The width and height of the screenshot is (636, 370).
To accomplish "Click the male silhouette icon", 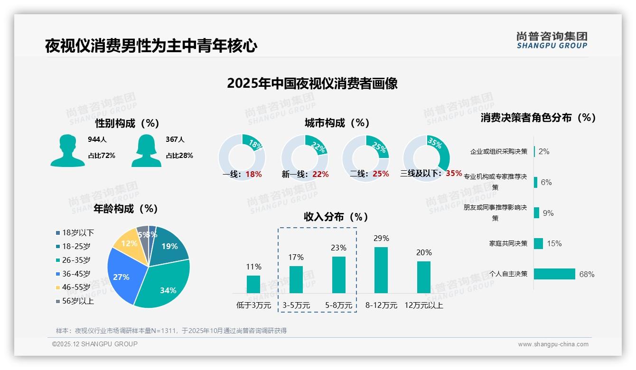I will point(67,150).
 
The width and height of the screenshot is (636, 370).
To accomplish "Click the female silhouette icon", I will point(146,150).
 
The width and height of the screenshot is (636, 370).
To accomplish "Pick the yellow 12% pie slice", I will point(127,244).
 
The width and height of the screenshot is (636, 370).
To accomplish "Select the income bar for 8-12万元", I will point(381,270).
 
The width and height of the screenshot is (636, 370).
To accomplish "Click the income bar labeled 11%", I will point(253,284).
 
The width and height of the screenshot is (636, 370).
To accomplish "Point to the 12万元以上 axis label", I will point(423,305).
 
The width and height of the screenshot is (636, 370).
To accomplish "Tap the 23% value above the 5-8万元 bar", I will point(339,248).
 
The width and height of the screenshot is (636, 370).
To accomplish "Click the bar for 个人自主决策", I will point(554,274).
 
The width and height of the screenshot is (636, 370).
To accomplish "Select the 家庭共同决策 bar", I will point(538,243).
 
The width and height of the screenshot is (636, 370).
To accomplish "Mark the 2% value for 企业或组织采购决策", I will point(544,151).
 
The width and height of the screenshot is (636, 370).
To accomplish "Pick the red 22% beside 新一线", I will point(320,175).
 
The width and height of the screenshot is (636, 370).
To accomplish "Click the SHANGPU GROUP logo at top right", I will point(552,40).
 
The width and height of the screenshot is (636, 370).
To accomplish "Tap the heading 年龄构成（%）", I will point(126,209).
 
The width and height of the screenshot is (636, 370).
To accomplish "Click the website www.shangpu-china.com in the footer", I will point(553,344).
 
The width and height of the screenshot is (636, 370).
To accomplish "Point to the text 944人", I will point(97,139).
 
